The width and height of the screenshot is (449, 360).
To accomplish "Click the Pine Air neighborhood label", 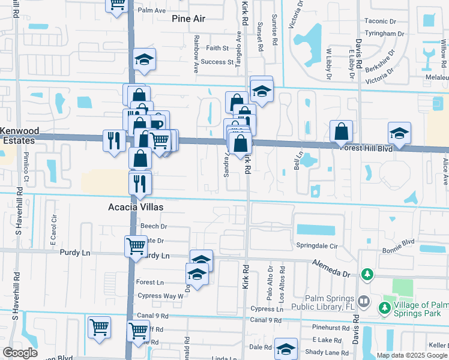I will coord(188,19).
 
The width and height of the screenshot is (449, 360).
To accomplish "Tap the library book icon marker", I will coord(364,301).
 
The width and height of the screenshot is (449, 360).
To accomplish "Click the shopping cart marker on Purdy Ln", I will coord(136,245).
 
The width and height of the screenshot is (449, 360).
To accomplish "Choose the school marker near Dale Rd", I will coord(286,348).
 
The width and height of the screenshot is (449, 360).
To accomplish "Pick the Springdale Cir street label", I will coord(318,246).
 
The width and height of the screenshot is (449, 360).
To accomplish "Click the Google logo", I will coord(20,353).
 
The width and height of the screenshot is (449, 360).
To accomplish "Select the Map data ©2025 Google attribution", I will coord(411,355).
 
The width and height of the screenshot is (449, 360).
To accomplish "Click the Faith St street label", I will coord(217,48).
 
